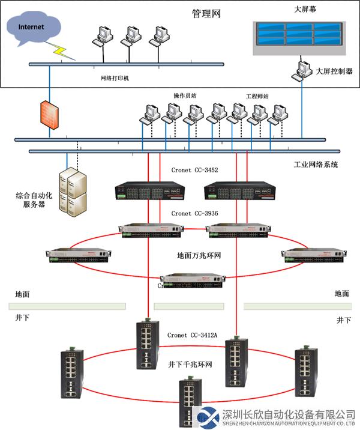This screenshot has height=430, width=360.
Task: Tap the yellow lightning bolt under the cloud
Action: coord(64,53)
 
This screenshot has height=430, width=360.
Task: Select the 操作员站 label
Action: coord(185,95)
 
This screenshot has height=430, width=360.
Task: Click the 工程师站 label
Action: coord(257,95)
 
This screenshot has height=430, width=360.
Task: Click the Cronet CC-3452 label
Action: coord(194,171)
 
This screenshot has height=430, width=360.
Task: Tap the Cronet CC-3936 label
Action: coord(194,213)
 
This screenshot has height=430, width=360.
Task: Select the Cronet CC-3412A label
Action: coord(192,335)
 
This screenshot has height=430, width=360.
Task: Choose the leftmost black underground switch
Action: coord(72,374)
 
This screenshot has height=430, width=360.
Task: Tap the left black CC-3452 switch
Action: coord(150,190)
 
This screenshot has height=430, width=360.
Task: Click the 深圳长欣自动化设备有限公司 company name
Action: coord(288,414)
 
